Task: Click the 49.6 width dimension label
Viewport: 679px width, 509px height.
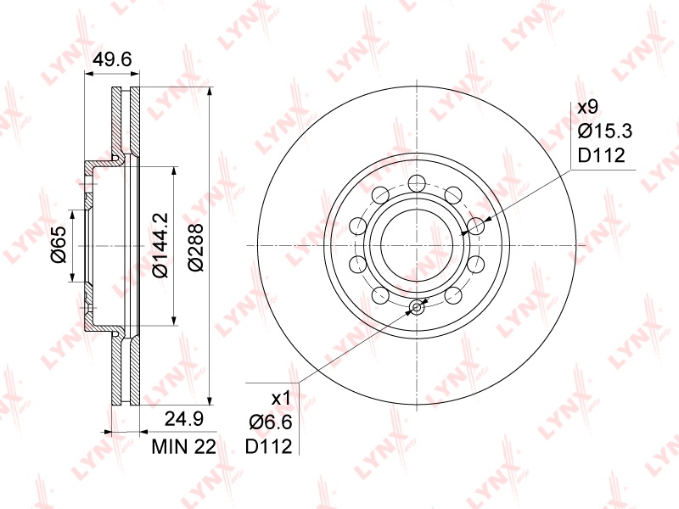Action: pos(113,59)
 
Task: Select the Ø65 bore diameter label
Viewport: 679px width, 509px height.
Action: pos(58,244)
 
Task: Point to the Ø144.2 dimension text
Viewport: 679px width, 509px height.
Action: pos(160,244)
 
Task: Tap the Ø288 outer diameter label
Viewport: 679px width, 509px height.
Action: pos(196,247)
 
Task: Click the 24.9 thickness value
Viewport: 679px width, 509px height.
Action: pos(184,419)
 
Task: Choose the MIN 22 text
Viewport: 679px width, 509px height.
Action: pos(183,447)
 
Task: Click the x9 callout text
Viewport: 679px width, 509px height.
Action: pos(587,107)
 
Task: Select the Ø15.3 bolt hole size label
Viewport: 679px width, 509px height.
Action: pos(605,131)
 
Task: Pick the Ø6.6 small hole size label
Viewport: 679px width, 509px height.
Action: pos(271,422)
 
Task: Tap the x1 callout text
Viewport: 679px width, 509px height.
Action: pos(282,398)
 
